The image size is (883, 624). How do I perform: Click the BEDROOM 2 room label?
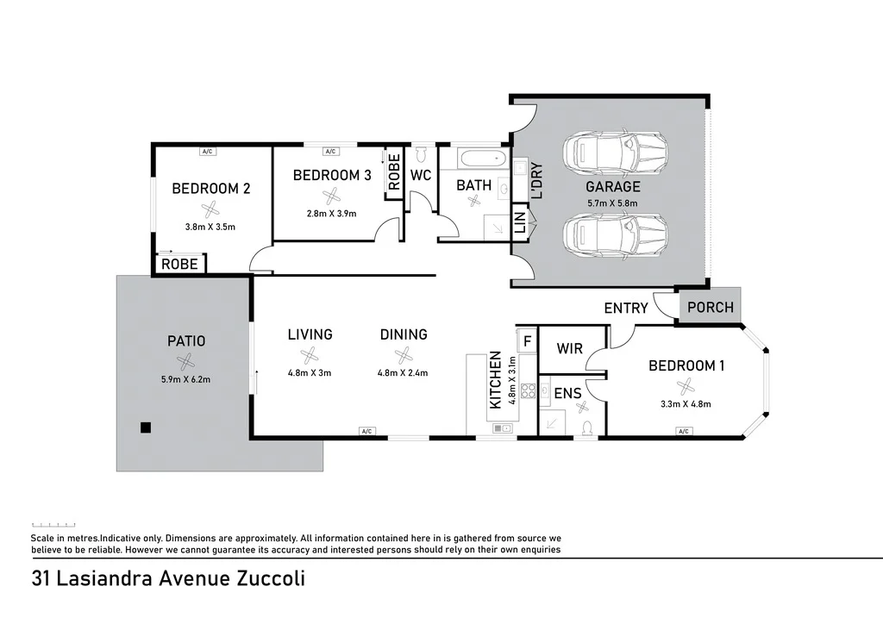coord(210,189)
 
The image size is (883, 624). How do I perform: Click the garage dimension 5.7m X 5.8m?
coord(612,203)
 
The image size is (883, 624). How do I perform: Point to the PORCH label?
coord(711,308)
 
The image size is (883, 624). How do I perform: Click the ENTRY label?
coord(625,308)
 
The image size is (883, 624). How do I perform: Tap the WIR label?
coord(569,349)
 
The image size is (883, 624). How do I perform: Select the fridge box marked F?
coord(526,337)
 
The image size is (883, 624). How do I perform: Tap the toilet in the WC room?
coord(422,155)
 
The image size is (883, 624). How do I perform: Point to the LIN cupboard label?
coord(520,222)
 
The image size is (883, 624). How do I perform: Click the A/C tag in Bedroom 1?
coord(683,431)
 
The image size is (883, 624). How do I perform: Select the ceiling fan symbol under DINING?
coord(403,354)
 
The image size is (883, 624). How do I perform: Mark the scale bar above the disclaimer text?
coord(53,524)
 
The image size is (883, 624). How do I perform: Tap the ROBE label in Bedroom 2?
coord(179,264)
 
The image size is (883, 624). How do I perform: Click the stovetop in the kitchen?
coord(528,392)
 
